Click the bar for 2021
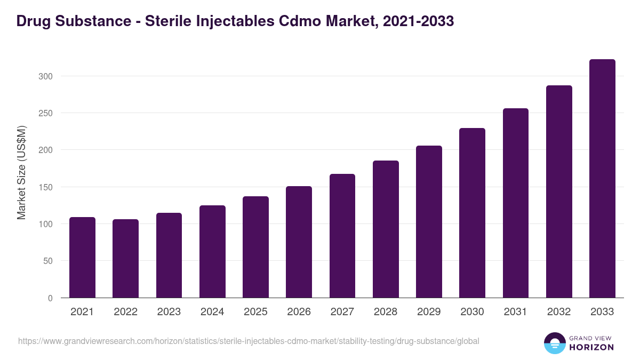pyautogui.click(x=82, y=258)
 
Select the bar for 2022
pyautogui.click(x=125, y=259)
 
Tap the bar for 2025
pyautogui.click(x=255, y=247)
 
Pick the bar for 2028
pyautogui.click(x=386, y=229)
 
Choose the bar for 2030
pyautogui.click(x=472, y=213)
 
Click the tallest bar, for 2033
pyautogui.click(x=602, y=179)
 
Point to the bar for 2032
pyautogui.click(x=559, y=191)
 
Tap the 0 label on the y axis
pyautogui.click(x=50, y=298)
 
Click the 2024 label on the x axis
pyautogui.click(x=212, y=312)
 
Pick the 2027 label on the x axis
pyautogui.click(x=342, y=312)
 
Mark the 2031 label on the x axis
pyautogui.click(x=516, y=312)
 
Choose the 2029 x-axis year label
pyautogui.click(x=429, y=312)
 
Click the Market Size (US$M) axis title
pyautogui.click(x=21, y=172)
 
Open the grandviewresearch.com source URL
pyautogui.click(x=249, y=341)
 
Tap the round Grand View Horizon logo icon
pyautogui.click(x=554, y=343)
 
